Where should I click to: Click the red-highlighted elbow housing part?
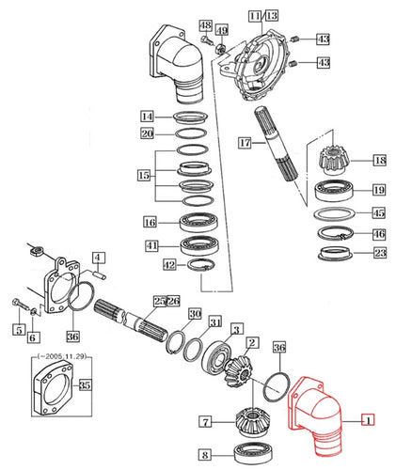320,413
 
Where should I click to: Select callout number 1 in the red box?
369,420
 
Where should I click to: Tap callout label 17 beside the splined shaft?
245,144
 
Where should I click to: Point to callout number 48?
205,23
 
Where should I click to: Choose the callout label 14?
148,116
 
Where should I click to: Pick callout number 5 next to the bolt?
17,329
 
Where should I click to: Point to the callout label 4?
98,257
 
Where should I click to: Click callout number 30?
194,314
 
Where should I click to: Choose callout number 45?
379,212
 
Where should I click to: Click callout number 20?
148,133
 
